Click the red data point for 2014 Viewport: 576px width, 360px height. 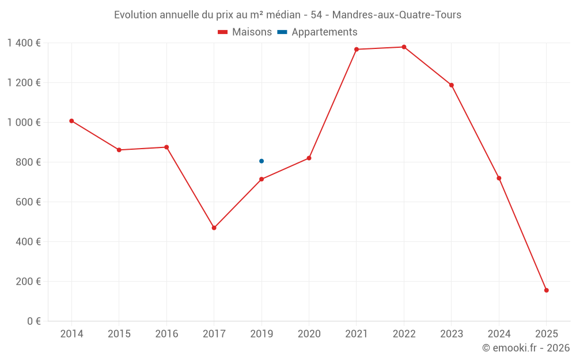71,121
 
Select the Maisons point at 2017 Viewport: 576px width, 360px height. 214,228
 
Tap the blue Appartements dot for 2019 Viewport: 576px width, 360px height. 262,161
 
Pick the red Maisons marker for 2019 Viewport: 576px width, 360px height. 262,179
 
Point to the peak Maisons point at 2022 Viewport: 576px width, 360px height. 404,47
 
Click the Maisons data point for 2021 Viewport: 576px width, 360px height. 357,50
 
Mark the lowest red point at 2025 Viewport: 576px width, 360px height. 546,290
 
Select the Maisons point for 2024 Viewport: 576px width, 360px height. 499,178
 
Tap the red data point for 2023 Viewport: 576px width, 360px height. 452,85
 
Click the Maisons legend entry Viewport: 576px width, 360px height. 245,32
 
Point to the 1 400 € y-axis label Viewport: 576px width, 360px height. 24,43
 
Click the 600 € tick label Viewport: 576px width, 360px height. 28,202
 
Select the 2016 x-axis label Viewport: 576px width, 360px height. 166,334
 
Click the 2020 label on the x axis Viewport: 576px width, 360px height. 309,334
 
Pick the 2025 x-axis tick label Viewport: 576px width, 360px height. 546,334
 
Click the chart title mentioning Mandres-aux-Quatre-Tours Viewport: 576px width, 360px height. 287,15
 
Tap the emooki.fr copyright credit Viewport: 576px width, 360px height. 525,348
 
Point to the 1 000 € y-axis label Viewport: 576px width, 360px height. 24,123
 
